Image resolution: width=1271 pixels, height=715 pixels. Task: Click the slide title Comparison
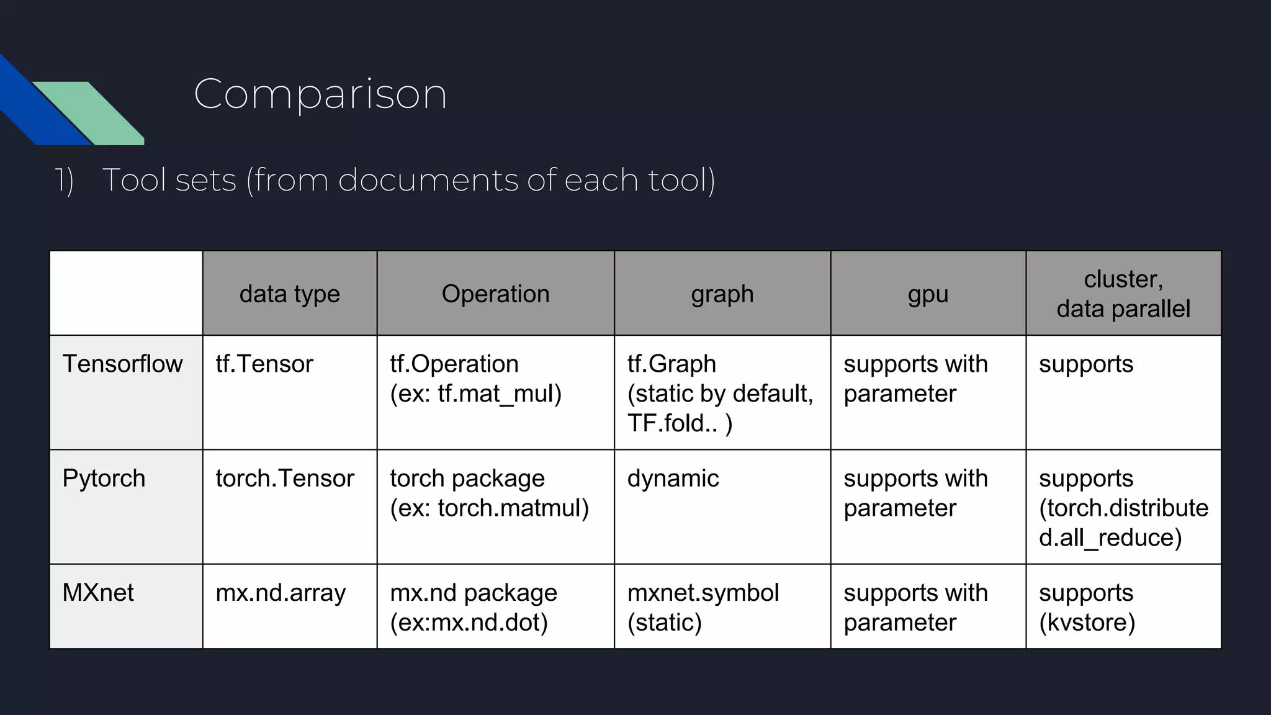click(x=320, y=94)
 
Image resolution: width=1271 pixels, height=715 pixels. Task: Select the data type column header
click(x=289, y=294)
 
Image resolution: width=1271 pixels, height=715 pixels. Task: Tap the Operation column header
click(x=495, y=294)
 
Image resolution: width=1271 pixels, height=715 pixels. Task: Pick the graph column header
click(x=722, y=294)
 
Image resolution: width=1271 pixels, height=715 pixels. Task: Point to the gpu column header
click(x=928, y=294)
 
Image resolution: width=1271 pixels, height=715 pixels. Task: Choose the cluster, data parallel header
click(x=1123, y=294)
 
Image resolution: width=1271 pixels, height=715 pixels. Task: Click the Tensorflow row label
click(x=122, y=364)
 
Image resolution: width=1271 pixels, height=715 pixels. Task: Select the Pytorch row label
click(x=104, y=479)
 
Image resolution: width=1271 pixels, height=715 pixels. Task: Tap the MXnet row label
click(x=98, y=593)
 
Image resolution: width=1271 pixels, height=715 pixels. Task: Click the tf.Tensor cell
click(x=264, y=364)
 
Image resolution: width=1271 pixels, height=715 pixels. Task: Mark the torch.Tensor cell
click(x=284, y=479)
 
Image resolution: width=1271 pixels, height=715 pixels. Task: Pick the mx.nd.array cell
click(x=280, y=593)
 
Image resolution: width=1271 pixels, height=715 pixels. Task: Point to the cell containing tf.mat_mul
click(x=475, y=393)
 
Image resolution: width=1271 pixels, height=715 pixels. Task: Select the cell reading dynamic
click(x=673, y=479)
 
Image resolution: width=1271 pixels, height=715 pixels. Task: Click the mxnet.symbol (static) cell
click(x=703, y=607)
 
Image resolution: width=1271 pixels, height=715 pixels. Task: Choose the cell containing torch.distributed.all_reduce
click(x=1123, y=508)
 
